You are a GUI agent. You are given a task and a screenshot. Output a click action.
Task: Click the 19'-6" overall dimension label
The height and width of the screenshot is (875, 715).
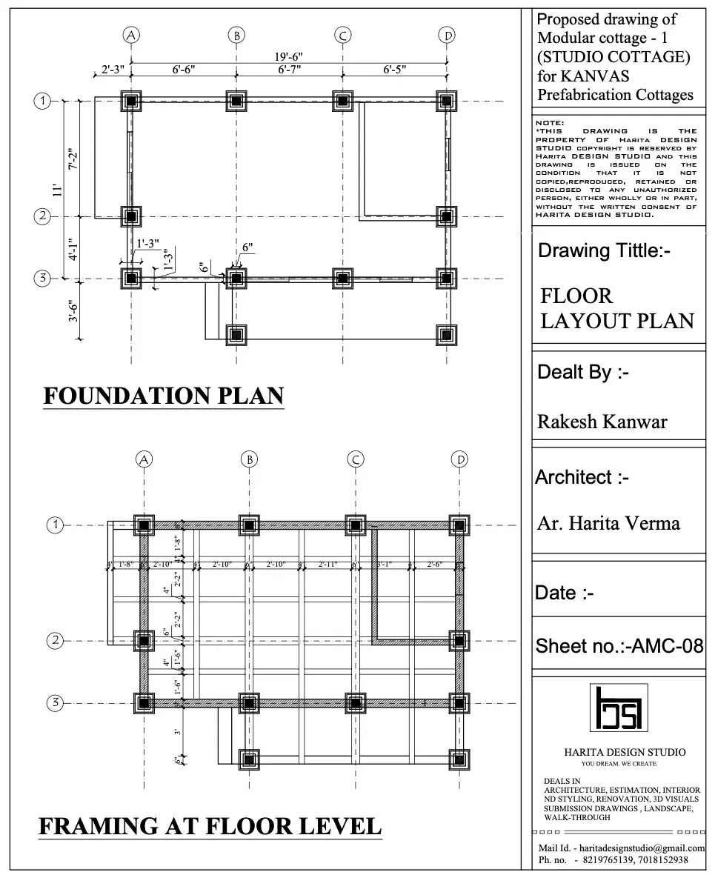coord(289,57)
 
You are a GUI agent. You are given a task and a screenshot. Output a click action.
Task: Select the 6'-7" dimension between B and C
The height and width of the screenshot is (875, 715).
coord(290,70)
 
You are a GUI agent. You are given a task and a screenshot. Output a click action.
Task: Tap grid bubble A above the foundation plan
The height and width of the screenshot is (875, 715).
coord(131,35)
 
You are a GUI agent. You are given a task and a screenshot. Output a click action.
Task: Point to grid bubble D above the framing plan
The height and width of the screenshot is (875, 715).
coord(461,459)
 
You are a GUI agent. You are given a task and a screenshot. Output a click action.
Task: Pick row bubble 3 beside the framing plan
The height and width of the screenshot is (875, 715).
coord(55,703)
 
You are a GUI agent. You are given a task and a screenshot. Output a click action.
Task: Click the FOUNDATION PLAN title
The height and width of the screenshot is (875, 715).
coord(164,396)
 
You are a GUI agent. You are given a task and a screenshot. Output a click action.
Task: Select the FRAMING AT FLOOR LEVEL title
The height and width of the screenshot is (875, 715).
coord(210,825)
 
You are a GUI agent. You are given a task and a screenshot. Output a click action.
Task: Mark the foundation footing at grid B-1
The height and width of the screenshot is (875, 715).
coord(236,102)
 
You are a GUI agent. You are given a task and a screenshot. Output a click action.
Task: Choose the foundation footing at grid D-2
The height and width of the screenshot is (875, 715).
coord(445,216)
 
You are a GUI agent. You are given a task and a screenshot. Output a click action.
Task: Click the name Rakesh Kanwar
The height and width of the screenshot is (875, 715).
coord(602,422)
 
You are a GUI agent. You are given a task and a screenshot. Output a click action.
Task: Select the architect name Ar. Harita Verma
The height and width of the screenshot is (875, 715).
coord(608,524)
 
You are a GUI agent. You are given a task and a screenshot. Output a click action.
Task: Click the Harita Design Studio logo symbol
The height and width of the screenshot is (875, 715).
coord(619,707)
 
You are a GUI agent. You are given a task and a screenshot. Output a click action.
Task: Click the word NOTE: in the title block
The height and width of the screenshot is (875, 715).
coord(549,122)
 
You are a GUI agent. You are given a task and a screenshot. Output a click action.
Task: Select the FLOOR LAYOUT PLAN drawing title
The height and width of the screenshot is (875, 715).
coord(616,308)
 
